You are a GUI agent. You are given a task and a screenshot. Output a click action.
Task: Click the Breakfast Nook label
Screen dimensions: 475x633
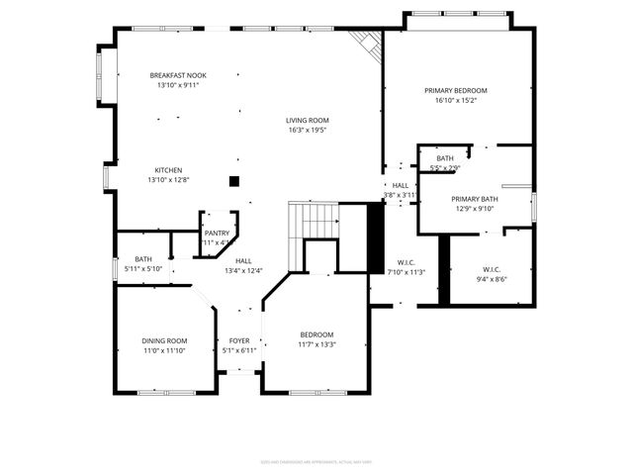coord(178,75)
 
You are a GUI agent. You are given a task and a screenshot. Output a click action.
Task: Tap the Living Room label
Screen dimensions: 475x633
coord(307,120)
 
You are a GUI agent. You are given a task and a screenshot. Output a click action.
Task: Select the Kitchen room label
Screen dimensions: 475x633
coord(167,169)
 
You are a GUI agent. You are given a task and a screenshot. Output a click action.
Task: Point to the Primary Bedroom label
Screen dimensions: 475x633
coord(456,90)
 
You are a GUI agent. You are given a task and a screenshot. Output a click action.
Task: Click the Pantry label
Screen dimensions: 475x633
coord(217,233)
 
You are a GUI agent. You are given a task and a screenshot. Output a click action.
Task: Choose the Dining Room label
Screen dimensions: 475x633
coord(164,340)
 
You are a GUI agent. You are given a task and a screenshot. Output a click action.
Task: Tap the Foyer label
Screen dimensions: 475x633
coord(239,340)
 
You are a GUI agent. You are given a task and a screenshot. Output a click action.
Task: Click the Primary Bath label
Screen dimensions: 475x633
coord(476,199)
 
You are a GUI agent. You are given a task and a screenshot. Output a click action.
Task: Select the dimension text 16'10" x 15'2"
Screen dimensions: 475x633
coord(456,100)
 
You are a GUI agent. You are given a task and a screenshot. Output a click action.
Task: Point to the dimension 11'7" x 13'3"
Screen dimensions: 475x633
coord(316,344)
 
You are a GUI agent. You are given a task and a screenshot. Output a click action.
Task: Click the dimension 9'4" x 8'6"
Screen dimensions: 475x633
coord(492,279)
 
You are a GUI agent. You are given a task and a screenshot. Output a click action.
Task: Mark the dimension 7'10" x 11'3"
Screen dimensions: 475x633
coord(406,272)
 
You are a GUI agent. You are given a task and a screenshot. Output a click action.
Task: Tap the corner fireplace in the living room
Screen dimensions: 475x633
coord(367,44)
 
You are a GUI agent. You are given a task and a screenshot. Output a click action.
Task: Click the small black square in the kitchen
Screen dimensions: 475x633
coord(234,181)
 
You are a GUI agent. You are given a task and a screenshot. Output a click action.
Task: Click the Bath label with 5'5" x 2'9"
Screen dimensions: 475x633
coord(445,158)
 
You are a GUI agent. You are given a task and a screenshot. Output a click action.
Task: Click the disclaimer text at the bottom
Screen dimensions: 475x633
coord(316,461)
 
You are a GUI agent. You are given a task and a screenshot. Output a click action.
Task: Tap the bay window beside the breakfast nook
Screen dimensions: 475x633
coord(102,75)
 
